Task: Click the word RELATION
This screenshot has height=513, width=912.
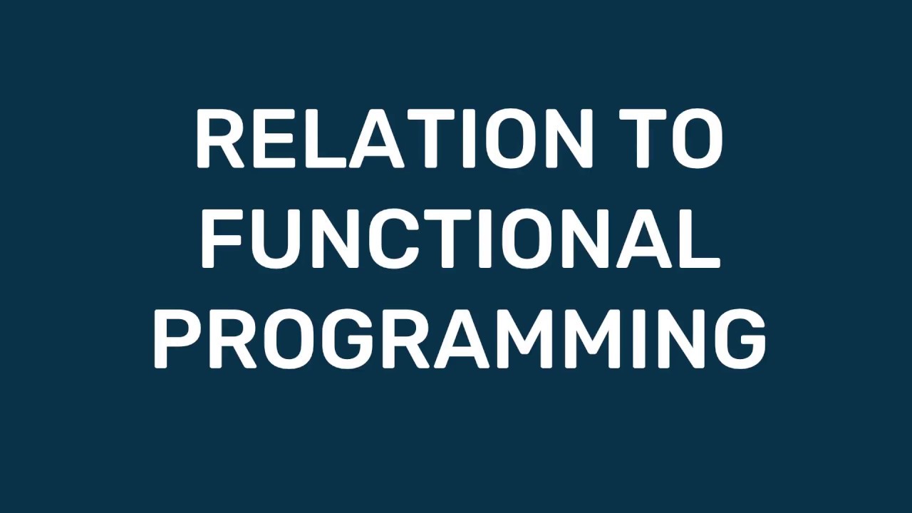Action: tap(394, 139)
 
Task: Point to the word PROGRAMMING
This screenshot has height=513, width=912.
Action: tap(460, 341)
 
